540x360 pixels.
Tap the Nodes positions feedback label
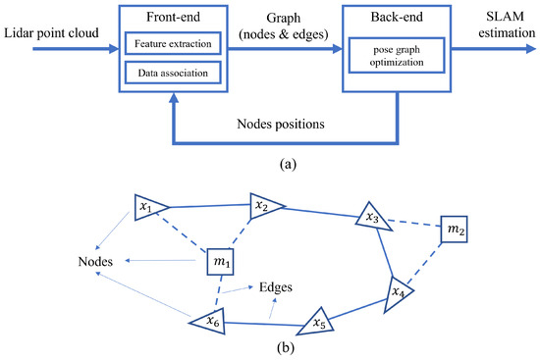[x=296, y=125]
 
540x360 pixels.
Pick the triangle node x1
[x=146, y=208]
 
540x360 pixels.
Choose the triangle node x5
[x=317, y=321]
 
